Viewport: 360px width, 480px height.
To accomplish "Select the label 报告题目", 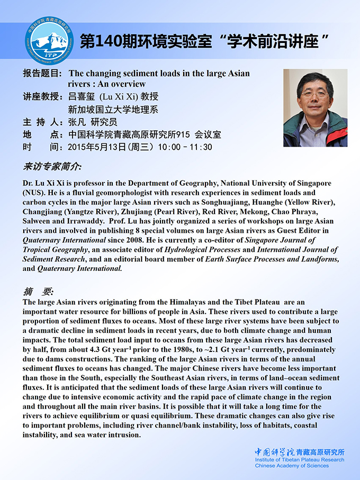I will (43, 74).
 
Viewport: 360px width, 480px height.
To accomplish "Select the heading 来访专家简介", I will (52, 167).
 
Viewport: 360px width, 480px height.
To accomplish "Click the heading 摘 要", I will (38, 291).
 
